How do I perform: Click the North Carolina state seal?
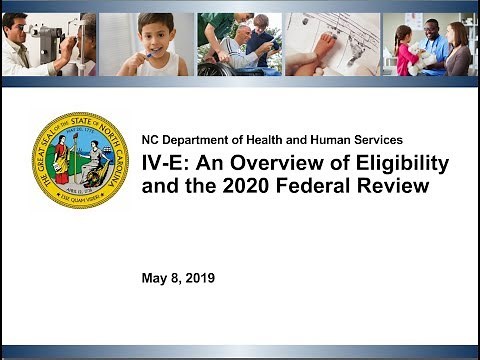point(80,159)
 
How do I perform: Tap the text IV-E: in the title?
point(164,163)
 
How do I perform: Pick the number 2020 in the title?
point(258,185)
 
